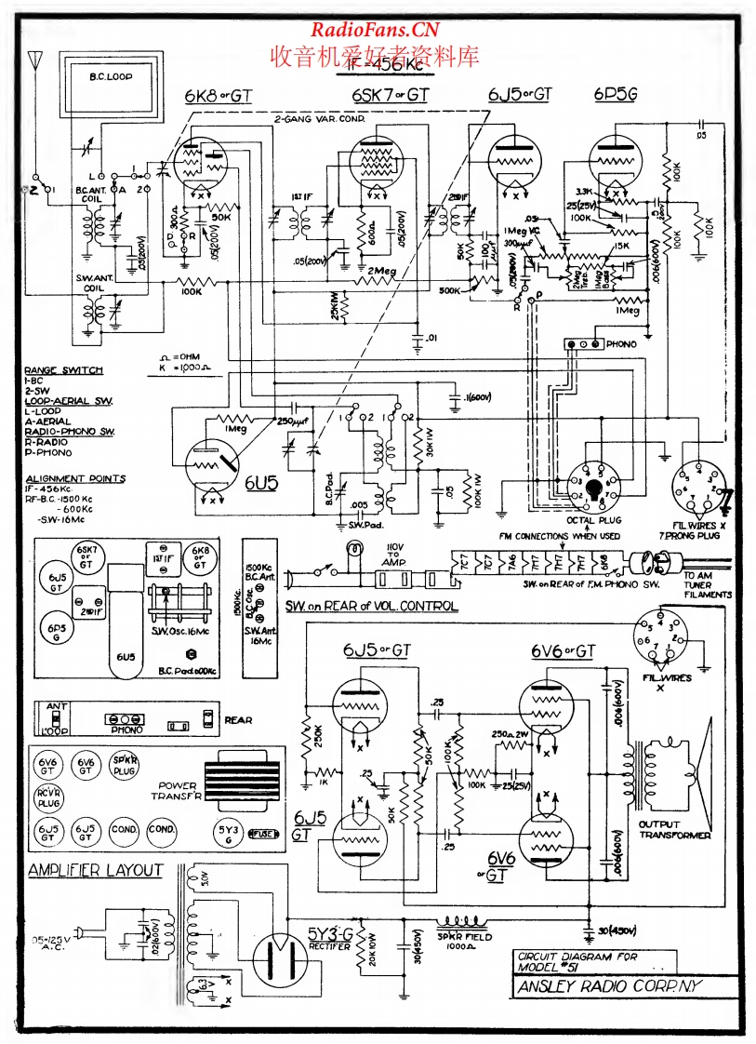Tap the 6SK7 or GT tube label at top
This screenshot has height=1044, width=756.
click(x=391, y=95)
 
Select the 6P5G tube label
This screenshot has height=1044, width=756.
click(x=615, y=95)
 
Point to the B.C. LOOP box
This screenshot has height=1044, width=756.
click(x=111, y=78)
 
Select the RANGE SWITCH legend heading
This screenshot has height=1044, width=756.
click(x=63, y=370)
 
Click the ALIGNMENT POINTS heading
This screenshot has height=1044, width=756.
click(x=75, y=478)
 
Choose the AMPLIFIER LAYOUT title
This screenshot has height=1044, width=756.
click(x=96, y=871)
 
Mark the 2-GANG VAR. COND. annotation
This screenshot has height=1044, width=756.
click(x=319, y=120)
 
